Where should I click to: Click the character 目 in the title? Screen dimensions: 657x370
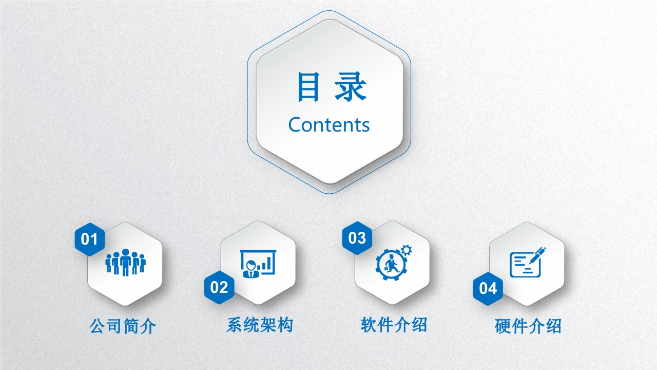click(308, 87)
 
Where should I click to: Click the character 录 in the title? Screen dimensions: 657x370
click(351, 87)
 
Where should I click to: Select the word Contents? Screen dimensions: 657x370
click(329, 125)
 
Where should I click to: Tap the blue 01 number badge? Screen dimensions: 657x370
click(89, 239)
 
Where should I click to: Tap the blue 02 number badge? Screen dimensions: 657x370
click(219, 287)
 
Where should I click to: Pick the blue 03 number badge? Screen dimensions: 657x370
click(357, 238)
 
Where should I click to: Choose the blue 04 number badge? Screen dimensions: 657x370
click(488, 288)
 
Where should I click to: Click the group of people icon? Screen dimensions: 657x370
click(126, 263)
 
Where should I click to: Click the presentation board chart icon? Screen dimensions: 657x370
click(258, 264)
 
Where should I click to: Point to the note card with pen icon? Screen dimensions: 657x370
click(527, 263)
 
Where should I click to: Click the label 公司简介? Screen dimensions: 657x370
click(123, 326)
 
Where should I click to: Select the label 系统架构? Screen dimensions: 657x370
click(260, 325)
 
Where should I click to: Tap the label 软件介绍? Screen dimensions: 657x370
click(394, 325)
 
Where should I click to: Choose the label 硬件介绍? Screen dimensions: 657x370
click(528, 326)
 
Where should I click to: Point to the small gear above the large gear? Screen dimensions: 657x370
click(406, 250)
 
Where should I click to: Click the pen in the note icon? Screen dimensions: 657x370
click(535, 256)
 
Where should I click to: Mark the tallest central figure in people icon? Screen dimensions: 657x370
click(126, 263)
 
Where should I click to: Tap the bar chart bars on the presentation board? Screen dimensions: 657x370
click(265, 264)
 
